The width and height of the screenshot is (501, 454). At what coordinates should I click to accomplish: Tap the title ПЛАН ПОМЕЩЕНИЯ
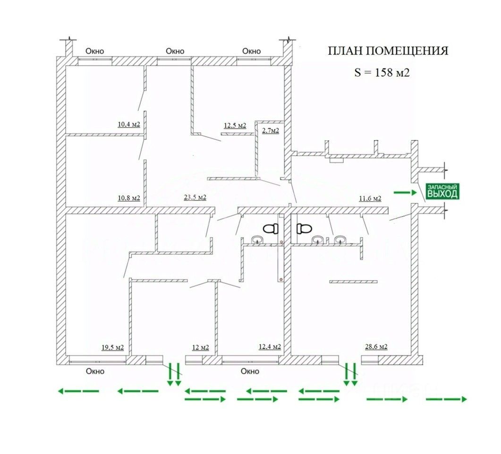(x=388, y=51)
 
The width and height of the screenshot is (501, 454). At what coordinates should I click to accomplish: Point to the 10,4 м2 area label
(x=129, y=125)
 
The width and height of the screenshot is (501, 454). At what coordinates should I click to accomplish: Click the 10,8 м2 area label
(x=129, y=198)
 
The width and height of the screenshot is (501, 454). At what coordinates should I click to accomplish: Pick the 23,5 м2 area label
(x=195, y=198)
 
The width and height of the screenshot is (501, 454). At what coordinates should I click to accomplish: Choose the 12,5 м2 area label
(x=235, y=125)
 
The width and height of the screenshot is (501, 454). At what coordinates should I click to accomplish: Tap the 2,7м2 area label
(x=270, y=131)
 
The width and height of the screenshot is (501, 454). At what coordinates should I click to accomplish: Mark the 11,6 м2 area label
(x=370, y=198)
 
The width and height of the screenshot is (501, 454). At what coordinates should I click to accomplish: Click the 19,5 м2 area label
(x=112, y=348)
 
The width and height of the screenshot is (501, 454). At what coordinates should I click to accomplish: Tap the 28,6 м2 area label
(x=376, y=347)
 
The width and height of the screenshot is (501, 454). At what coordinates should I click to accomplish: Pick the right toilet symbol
(x=304, y=229)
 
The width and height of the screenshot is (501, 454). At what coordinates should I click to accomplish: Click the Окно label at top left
(x=94, y=51)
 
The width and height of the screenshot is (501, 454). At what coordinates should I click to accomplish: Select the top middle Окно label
(x=175, y=51)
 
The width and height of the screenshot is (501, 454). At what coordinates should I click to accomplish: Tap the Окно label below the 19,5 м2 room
(x=95, y=371)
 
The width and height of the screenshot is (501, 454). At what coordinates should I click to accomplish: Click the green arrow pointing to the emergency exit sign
(x=405, y=192)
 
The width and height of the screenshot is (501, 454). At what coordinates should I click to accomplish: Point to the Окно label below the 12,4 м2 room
(x=250, y=371)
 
